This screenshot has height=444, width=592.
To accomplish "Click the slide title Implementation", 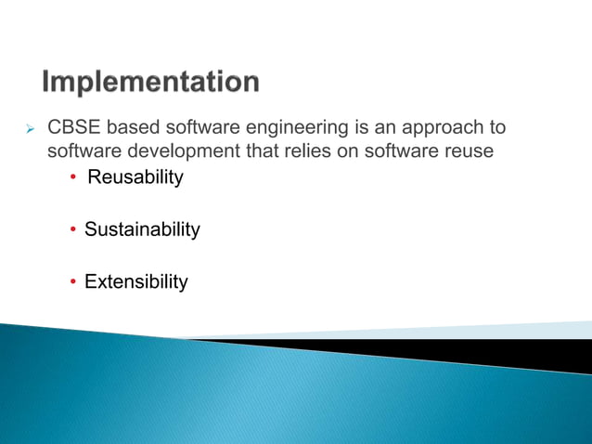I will click(x=150, y=83).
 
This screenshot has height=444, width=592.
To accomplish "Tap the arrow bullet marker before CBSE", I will click(x=30, y=127).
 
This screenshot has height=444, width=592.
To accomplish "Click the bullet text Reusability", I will click(x=135, y=176).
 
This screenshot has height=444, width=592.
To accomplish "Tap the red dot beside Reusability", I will click(x=74, y=177).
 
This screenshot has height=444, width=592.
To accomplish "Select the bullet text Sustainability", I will click(x=142, y=229).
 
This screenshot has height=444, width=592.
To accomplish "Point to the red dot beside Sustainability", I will click(x=74, y=229).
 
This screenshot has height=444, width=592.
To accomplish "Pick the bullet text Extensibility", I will click(x=136, y=281).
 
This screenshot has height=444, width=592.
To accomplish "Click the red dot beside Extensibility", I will click(x=74, y=282).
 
